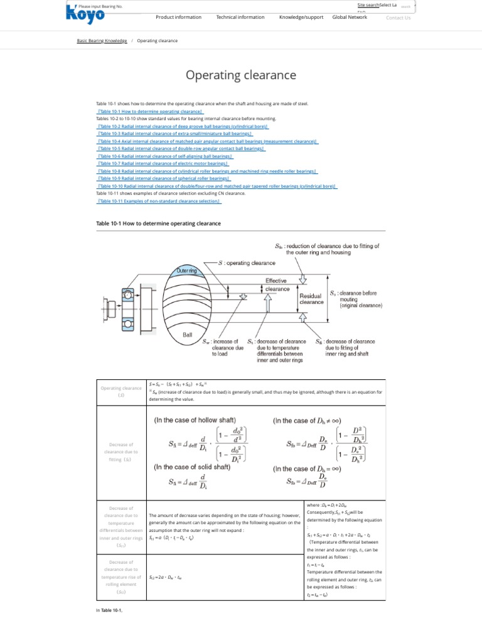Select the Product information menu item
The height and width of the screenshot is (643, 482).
pos(178,18)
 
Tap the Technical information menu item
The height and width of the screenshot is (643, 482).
pos(240,18)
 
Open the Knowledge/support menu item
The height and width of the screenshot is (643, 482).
pos(301,18)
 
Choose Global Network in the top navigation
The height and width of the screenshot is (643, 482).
pos(350,18)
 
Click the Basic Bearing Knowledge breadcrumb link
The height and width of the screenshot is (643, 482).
pos(102,41)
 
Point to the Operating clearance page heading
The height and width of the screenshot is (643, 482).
pos(240,75)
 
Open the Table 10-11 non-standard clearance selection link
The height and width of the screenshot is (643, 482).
pos(159,201)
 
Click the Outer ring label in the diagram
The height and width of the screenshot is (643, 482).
pos(186,270)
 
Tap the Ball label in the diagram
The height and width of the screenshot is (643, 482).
pos(187,335)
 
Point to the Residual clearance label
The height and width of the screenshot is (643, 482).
pos(311,298)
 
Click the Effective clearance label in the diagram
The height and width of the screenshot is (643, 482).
pos(276,285)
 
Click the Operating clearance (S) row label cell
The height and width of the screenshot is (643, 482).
pos(122,392)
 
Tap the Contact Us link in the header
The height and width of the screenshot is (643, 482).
pos(398,18)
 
